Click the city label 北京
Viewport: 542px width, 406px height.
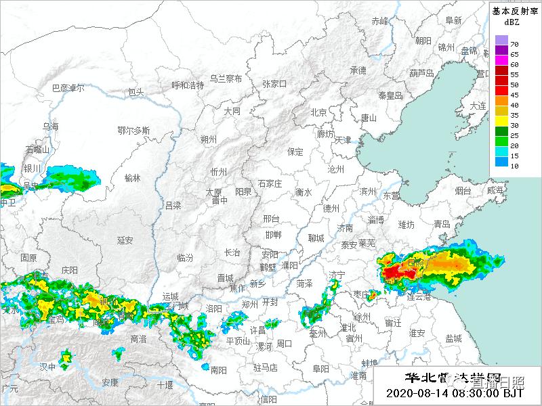tap(318, 112)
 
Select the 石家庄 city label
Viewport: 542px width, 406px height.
tap(270, 183)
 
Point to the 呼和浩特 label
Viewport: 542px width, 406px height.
tap(188, 85)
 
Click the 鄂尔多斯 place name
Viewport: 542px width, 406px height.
tap(133, 130)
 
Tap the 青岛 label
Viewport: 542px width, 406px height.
tap(442, 224)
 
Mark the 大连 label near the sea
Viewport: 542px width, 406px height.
tap(478, 106)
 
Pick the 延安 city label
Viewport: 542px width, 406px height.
tap(125, 240)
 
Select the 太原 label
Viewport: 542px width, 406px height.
tap(214, 192)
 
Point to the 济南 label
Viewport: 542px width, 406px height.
tap(346, 228)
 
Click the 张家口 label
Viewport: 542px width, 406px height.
tap(274, 84)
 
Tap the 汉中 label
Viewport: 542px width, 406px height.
tap(47, 366)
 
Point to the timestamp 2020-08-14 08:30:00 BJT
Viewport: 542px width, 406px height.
tap(455, 392)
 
